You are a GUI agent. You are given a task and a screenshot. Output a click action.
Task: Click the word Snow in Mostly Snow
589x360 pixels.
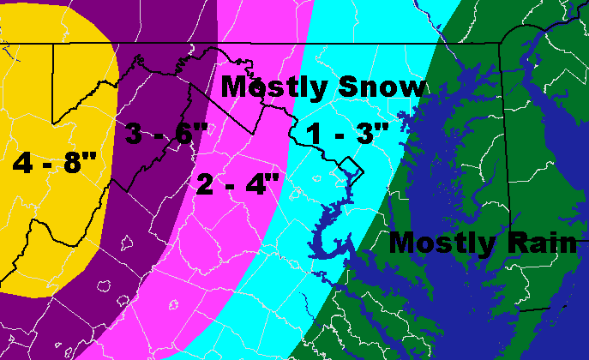[383, 87]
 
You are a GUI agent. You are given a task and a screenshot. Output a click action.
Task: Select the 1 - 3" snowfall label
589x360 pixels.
[348, 135]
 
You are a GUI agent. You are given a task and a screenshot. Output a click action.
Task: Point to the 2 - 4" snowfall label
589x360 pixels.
[238, 183]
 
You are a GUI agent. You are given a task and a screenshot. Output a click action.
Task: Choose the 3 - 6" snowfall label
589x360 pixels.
[165, 135]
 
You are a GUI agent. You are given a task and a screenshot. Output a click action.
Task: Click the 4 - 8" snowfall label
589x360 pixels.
[54, 162]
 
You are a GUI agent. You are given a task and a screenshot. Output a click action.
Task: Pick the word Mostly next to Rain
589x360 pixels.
[441, 243]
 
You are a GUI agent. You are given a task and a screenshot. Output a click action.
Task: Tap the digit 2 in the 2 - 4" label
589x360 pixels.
[206, 183]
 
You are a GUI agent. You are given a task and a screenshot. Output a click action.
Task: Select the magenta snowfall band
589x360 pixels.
[214, 257]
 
